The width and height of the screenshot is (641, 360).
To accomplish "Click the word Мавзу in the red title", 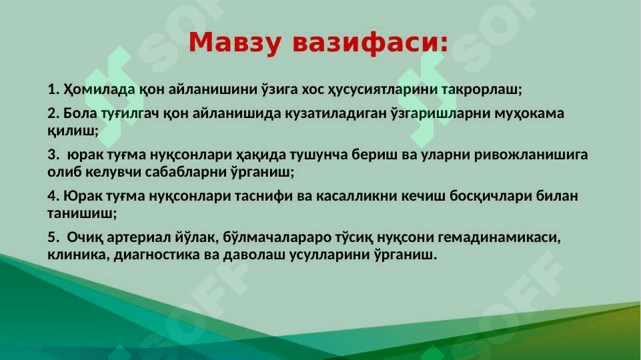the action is click(x=235, y=43).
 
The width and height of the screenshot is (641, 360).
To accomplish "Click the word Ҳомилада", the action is click(x=99, y=89).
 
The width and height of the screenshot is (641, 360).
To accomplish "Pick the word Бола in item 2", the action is click(x=80, y=113).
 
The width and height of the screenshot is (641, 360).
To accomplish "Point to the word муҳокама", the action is click(x=529, y=113).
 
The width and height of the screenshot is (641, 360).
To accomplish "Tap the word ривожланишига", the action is click(x=531, y=155).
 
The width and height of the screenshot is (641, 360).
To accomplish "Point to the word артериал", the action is click(x=137, y=237).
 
